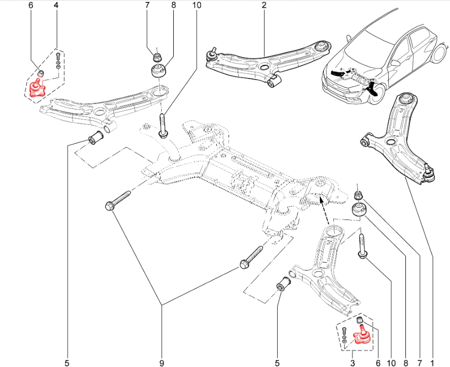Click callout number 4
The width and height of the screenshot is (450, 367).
click(x=56, y=6)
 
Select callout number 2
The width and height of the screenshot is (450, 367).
click(x=264, y=6)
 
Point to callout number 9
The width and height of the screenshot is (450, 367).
click(x=162, y=362)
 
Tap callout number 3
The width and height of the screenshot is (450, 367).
click(x=353, y=362)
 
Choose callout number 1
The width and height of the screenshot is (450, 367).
click(x=432, y=362)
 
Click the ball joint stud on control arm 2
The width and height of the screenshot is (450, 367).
click(x=211, y=52)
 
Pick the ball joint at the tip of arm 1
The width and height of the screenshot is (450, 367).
click(x=429, y=172)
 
